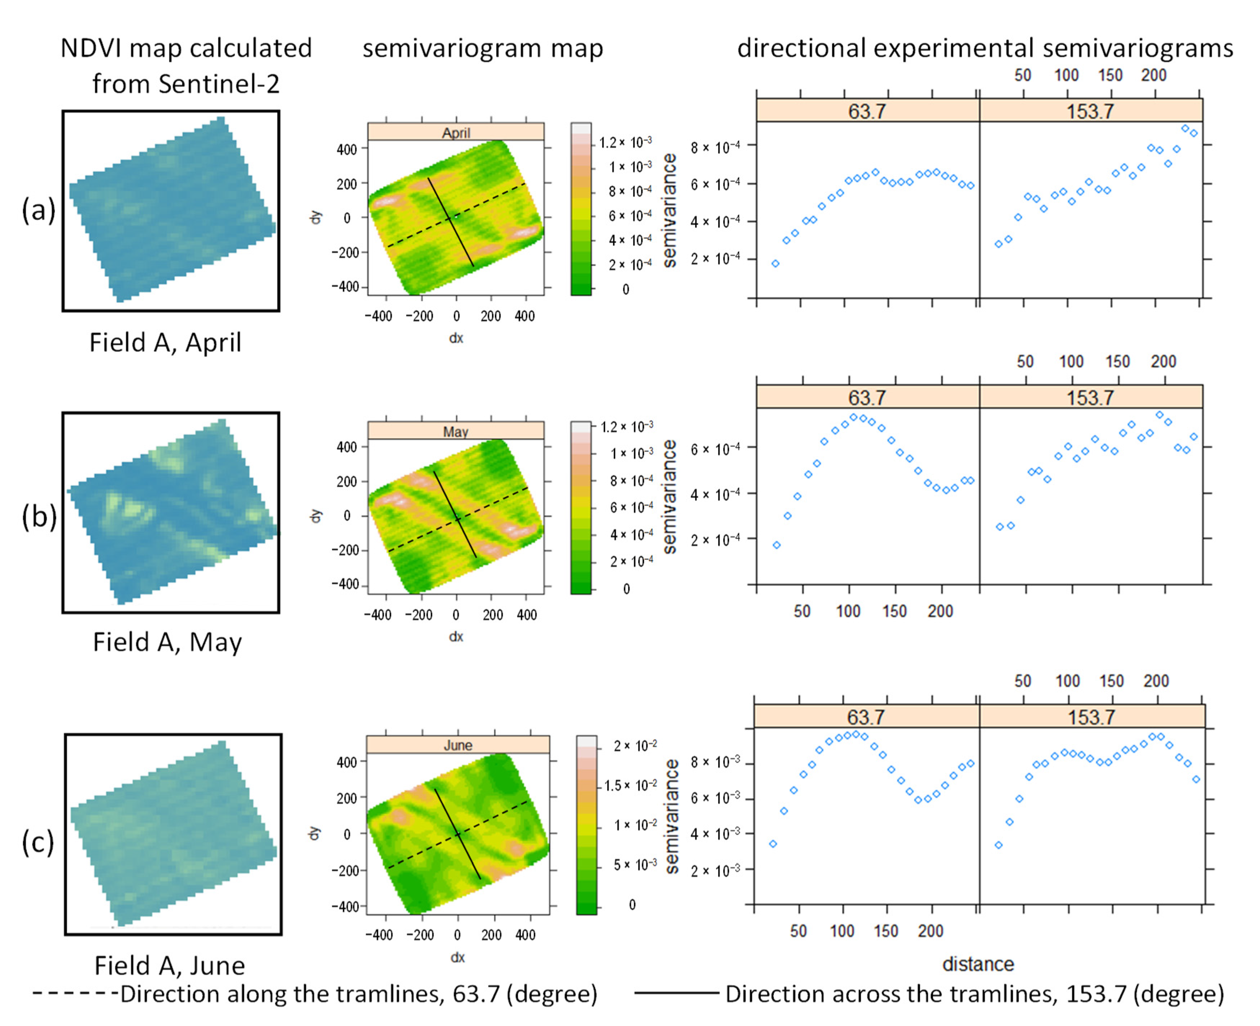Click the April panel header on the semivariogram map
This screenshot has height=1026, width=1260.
(455, 132)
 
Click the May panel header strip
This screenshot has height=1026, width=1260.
(455, 431)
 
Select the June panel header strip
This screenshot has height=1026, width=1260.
(458, 745)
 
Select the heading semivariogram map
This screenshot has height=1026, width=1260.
(482, 49)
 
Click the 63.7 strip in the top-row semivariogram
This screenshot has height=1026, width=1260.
(867, 111)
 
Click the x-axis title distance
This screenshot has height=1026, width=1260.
(978, 964)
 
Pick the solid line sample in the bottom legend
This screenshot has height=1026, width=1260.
(676, 994)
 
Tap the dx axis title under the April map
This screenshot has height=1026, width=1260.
(456, 338)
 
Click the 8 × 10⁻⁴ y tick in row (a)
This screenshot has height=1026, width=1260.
(715, 147)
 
